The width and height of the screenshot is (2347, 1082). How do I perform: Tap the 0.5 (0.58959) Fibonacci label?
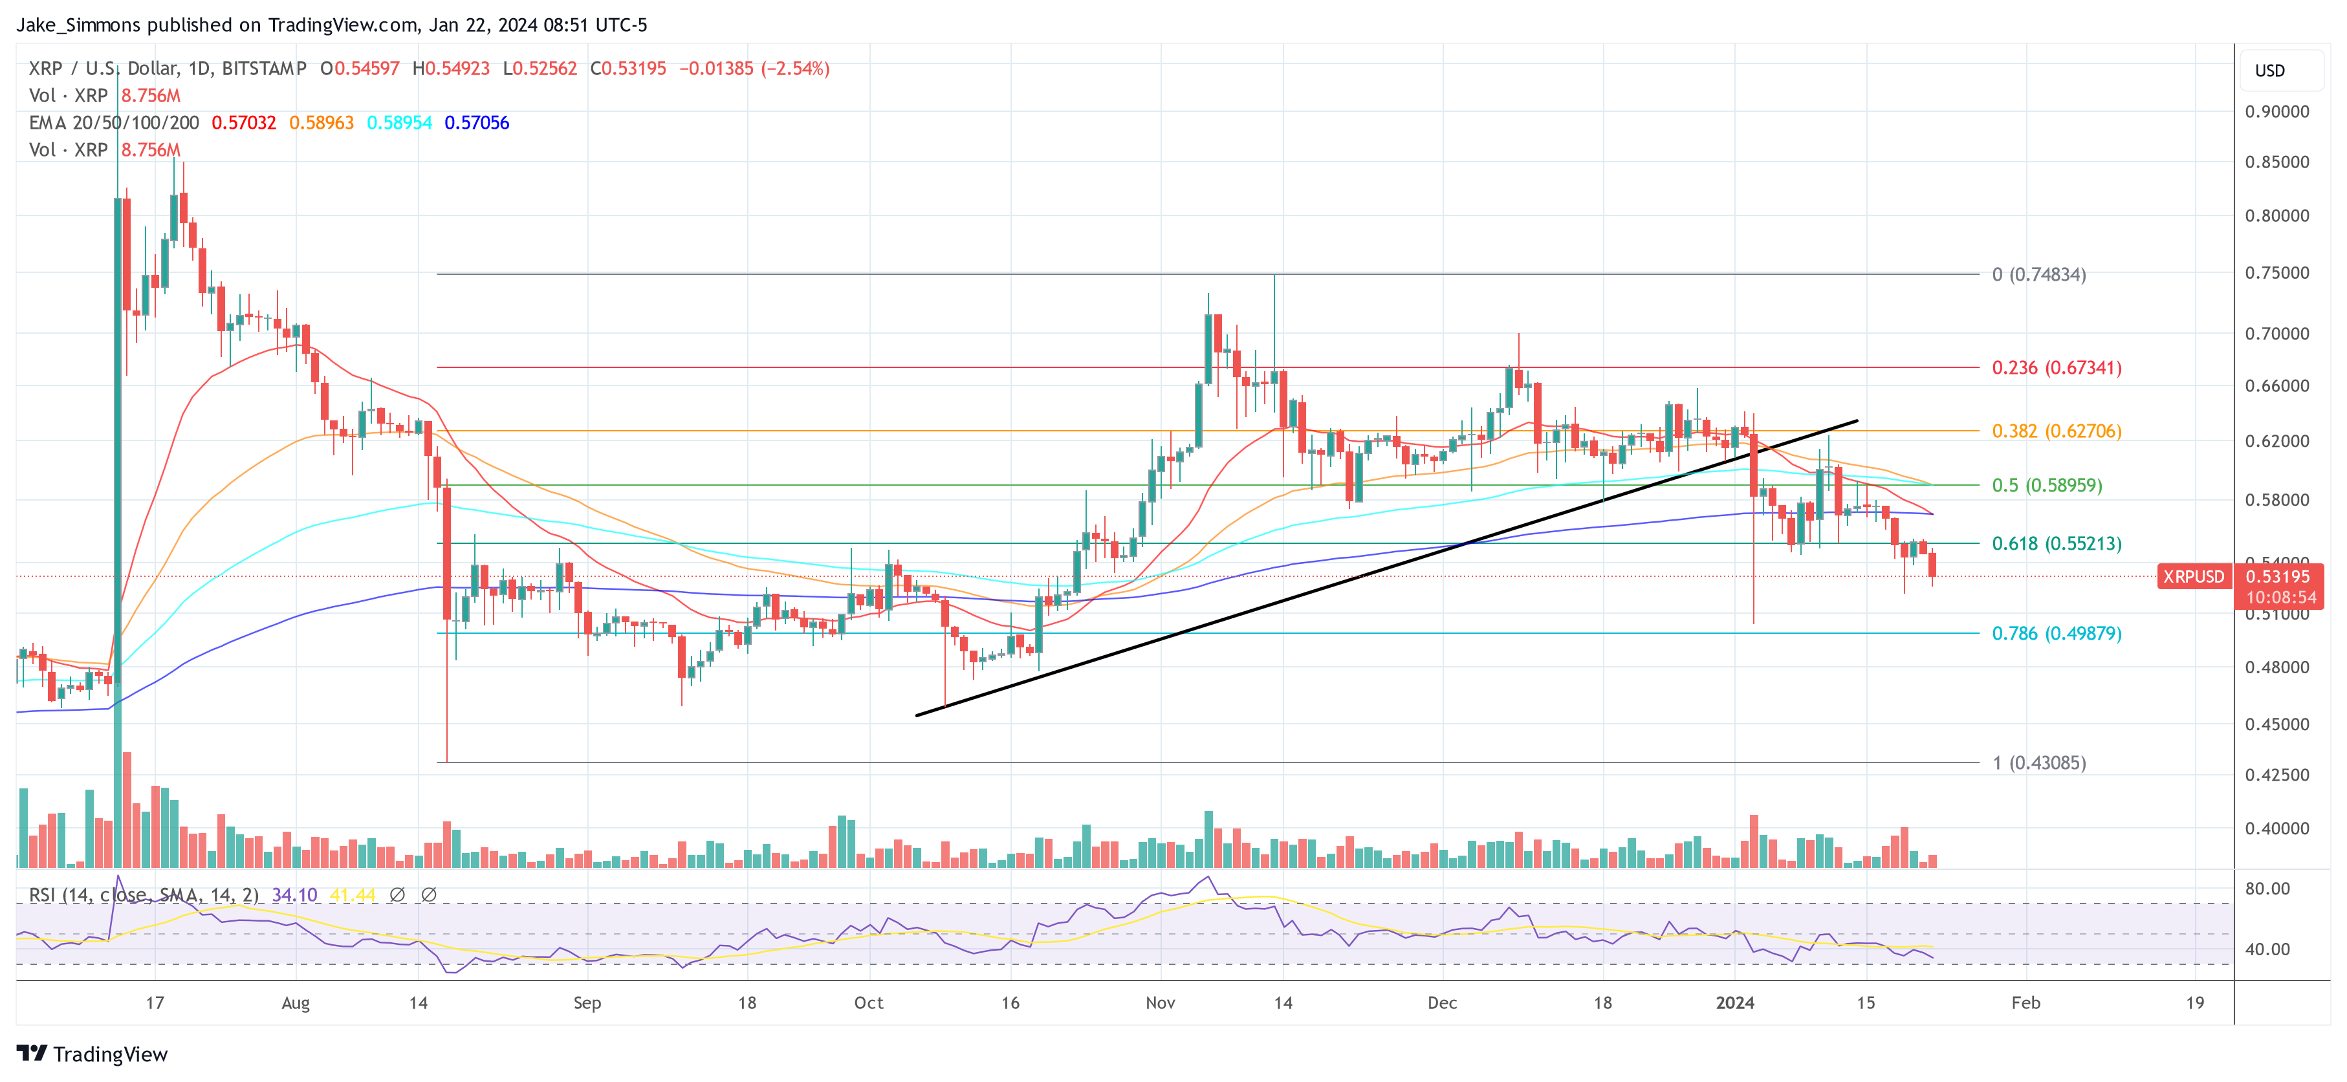coord(2046,486)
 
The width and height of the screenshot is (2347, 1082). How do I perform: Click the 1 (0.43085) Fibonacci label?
coord(2038,763)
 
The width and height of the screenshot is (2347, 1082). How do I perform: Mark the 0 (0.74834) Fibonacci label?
coord(2038,274)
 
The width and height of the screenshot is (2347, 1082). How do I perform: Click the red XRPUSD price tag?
coord(2193,576)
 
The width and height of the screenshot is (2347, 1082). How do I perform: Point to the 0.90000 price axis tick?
coord(2276,112)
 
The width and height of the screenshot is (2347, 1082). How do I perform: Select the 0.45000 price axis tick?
coord(2276,724)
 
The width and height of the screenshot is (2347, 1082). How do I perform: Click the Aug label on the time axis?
coord(295,1002)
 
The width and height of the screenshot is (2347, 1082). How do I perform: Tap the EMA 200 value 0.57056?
coord(477,123)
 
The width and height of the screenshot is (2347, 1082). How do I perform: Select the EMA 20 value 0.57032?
coord(243,123)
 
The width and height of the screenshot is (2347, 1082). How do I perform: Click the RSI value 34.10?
coord(294,895)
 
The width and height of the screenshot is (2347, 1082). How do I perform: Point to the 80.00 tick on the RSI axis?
coord(2267,889)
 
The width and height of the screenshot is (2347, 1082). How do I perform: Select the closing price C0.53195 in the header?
coord(628,69)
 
